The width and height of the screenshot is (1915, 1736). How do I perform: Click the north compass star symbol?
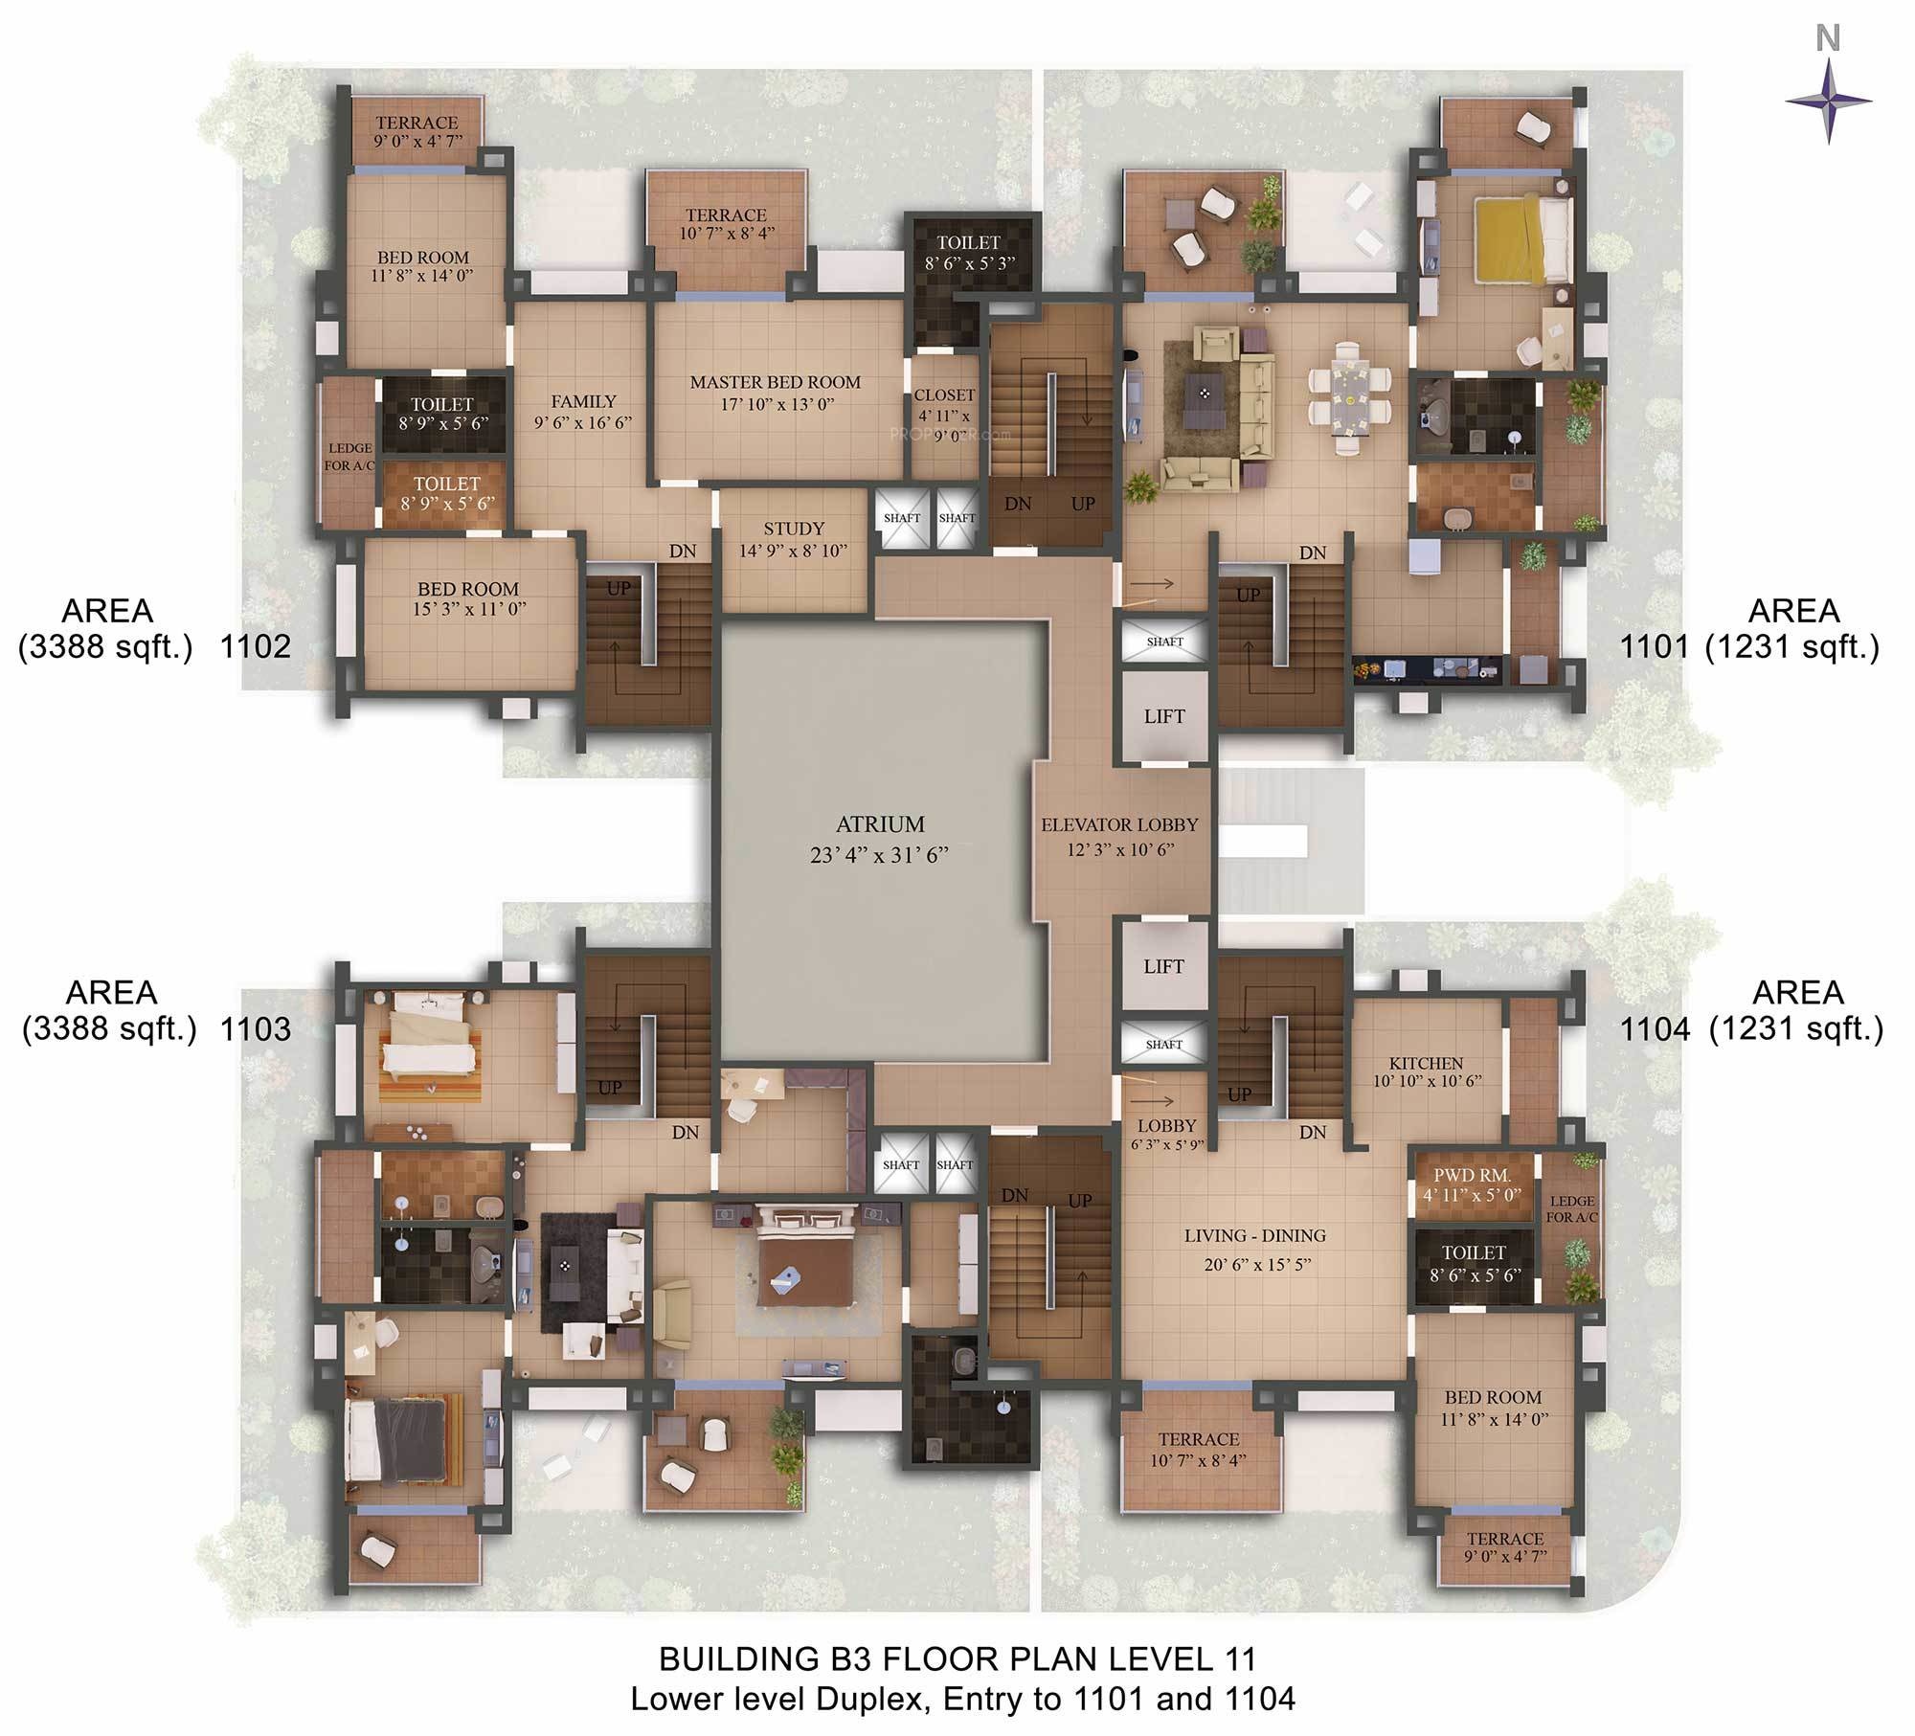point(1828,101)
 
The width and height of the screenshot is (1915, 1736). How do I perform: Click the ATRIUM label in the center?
point(880,824)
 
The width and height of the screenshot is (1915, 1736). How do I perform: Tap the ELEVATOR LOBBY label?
point(1119,824)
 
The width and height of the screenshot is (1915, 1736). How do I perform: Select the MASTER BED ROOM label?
point(776,382)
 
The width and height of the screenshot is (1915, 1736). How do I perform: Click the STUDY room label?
point(794,529)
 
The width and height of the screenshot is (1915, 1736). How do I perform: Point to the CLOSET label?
point(944,395)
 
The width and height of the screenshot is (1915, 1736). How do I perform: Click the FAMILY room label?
point(583,402)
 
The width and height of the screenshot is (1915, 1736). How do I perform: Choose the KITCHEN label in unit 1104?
point(1426,1063)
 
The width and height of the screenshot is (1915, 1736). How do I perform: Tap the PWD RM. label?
point(1472,1176)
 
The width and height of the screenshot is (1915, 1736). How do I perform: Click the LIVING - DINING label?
point(1254,1235)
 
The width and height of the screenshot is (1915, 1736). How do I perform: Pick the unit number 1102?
point(256,647)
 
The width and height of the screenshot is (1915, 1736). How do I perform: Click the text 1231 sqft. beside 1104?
point(1796,1028)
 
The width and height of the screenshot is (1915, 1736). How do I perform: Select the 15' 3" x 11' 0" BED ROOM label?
point(468,598)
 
